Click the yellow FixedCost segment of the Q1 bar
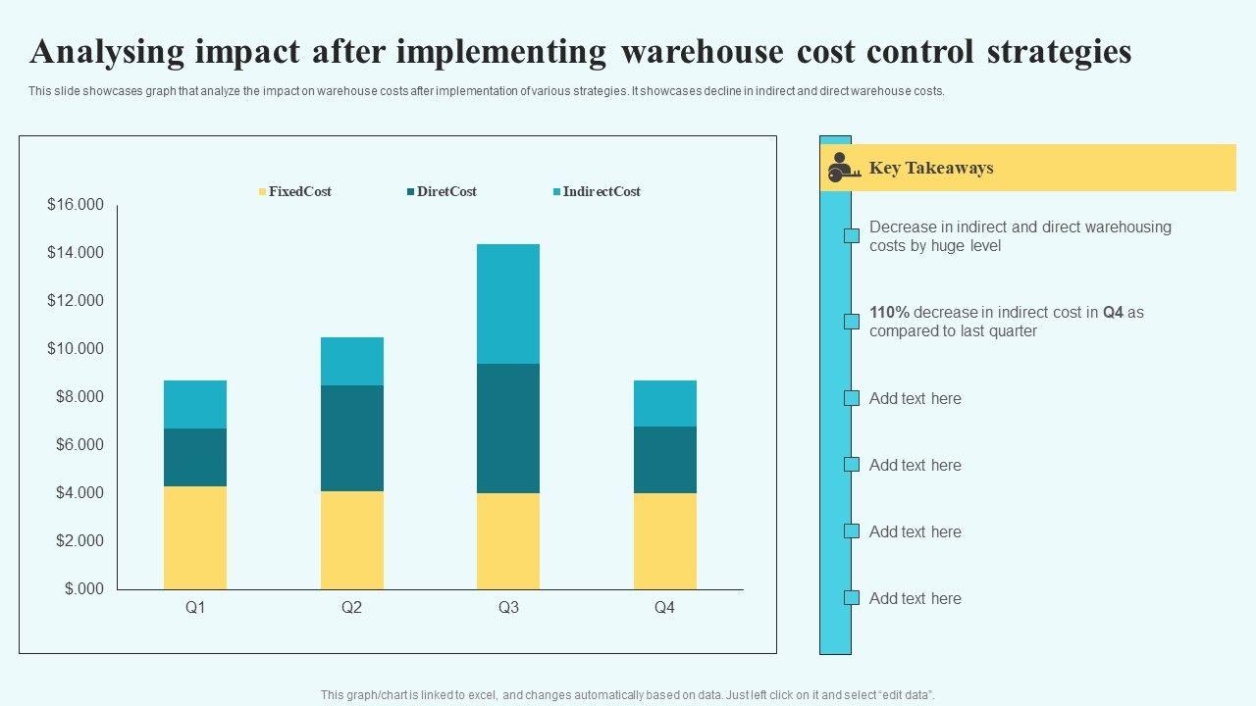[195, 537]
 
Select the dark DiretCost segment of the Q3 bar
[508, 429]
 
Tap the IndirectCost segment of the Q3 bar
[508, 304]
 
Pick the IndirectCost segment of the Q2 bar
[352, 361]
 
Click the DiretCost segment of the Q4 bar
[665, 460]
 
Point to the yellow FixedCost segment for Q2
[352, 539]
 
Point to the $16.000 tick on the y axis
[76, 205]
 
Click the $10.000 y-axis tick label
[76, 349]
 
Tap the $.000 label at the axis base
[84, 589]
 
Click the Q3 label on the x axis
[508, 608]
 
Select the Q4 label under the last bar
[664, 608]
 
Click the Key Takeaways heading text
[931, 168]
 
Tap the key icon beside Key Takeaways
[843, 168]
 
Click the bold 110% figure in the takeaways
[889, 313]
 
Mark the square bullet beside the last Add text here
[852, 598]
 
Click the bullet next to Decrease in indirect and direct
[852, 235]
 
